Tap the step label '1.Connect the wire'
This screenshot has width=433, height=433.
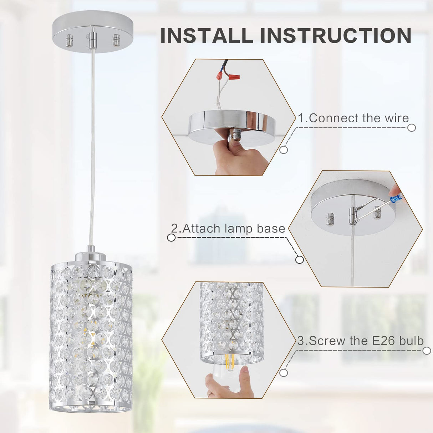coord(353,118)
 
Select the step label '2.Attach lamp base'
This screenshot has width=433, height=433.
coord(228,229)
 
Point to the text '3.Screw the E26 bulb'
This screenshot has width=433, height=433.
coord(361,341)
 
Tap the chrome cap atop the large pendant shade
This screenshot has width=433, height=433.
coord(91,256)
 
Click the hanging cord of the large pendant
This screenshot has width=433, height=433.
coord(92,143)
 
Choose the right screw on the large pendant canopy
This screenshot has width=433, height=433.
coord(116,40)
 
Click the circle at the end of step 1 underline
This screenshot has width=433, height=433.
coord(412,128)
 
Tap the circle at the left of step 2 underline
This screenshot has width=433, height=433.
coord(172,238)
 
